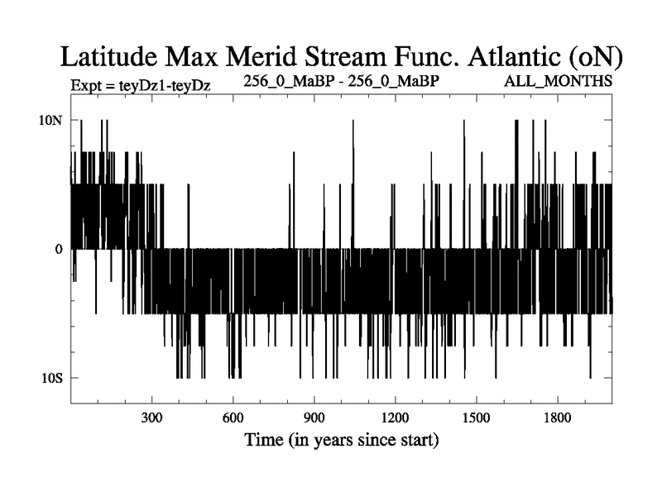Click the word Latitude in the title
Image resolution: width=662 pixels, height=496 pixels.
[x=112, y=57]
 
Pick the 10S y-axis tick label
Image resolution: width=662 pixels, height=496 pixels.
[x=51, y=378]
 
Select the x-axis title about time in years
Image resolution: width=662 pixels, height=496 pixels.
[x=341, y=439]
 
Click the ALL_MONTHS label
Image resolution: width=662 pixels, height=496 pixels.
[x=564, y=82]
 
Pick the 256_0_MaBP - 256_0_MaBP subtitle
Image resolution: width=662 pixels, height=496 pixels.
[x=341, y=81]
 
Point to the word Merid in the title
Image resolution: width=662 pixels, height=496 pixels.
[x=259, y=57]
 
